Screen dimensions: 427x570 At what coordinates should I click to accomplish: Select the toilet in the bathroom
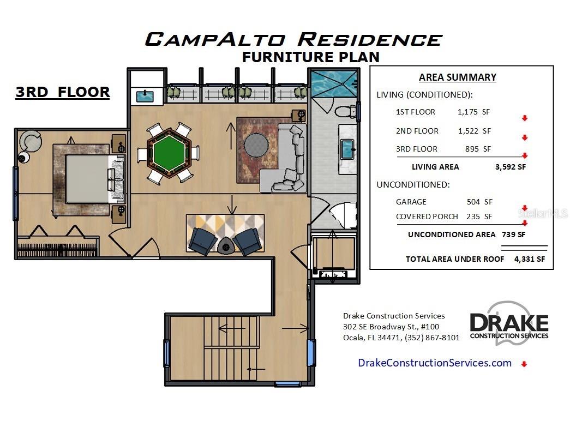(x=345, y=112)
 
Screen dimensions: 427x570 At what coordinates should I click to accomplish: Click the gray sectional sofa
(x=289, y=161)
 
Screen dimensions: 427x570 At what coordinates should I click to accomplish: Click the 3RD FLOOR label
(x=63, y=92)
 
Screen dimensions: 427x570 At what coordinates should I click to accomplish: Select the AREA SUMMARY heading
(x=457, y=77)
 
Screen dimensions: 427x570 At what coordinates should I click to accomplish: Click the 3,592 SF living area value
(x=511, y=167)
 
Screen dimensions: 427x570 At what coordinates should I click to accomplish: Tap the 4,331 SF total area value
(x=529, y=259)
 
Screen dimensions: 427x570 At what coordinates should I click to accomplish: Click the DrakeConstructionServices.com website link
(x=434, y=363)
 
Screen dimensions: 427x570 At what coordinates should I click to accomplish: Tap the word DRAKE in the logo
(x=508, y=322)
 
